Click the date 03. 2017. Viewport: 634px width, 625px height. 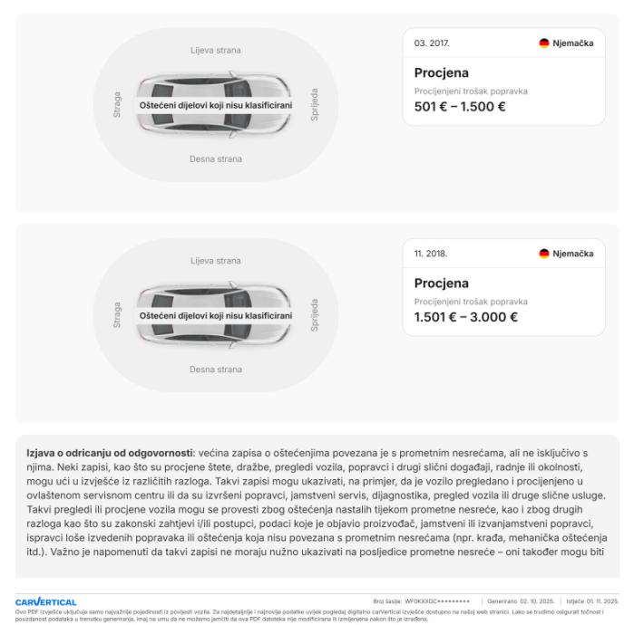pyautogui.click(x=431, y=43)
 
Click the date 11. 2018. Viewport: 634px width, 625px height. pyautogui.click(x=431, y=254)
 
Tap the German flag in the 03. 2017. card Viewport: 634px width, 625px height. pyautogui.click(x=544, y=43)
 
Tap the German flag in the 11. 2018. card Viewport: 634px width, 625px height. pyautogui.click(x=544, y=254)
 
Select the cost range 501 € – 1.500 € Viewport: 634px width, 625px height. pyautogui.click(x=460, y=106)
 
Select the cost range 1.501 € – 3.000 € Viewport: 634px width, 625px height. pyautogui.click(x=465, y=317)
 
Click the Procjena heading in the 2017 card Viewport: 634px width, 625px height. pyautogui.click(x=442, y=72)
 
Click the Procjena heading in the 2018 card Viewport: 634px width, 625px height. pyautogui.click(x=442, y=284)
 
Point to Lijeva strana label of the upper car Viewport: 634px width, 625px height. pyautogui.click(x=216, y=51)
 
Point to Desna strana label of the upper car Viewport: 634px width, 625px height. pyautogui.click(x=216, y=159)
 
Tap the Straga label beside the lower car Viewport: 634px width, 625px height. pyautogui.click(x=117, y=315)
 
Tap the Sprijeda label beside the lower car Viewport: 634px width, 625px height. pyautogui.click(x=315, y=315)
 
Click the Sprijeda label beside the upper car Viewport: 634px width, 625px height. pyautogui.click(x=315, y=104)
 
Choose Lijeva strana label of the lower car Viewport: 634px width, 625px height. pyautogui.click(x=216, y=261)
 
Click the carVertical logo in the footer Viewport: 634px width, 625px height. pyautogui.click(x=45, y=601)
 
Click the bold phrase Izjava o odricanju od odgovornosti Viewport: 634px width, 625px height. pyautogui.click(x=109, y=452)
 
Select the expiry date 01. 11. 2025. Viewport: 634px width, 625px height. pyautogui.click(x=600, y=601)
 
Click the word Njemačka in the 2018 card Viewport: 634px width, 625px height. pyautogui.click(x=572, y=254)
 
